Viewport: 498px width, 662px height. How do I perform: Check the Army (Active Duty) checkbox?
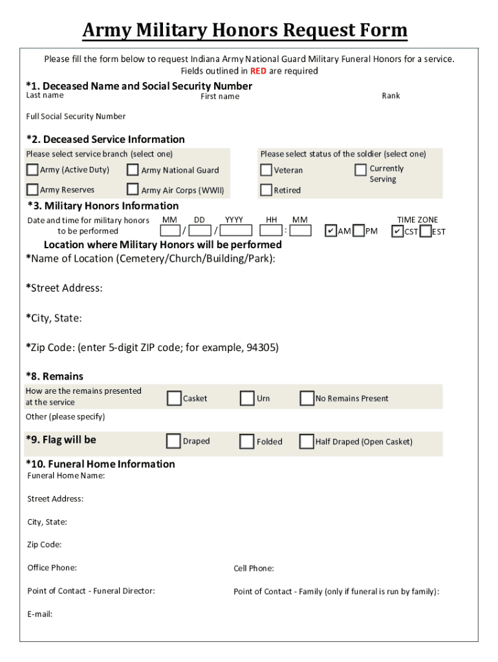point(32,170)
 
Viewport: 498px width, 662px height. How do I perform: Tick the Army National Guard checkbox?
point(133,170)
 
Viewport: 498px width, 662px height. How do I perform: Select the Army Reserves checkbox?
point(32,189)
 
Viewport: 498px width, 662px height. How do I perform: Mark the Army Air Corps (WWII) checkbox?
point(133,189)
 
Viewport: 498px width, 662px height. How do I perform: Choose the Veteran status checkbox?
point(266,170)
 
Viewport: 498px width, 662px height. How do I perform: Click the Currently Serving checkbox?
point(360,169)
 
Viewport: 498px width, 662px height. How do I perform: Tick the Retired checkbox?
point(266,190)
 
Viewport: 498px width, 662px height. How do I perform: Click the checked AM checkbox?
point(330,231)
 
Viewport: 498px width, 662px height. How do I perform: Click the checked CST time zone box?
point(398,231)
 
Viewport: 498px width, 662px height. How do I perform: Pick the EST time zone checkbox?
point(425,231)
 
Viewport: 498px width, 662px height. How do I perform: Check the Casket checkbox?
point(173,398)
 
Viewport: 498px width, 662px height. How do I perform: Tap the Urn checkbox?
point(246,398)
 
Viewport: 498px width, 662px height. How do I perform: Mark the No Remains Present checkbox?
point(307,398)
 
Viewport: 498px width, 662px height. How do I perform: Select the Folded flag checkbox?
point(246,442)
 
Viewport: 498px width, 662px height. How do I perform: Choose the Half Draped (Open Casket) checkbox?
point(307,442)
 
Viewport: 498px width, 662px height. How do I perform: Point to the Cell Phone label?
point(254,568)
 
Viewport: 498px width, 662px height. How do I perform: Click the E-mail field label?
point(39,614)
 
